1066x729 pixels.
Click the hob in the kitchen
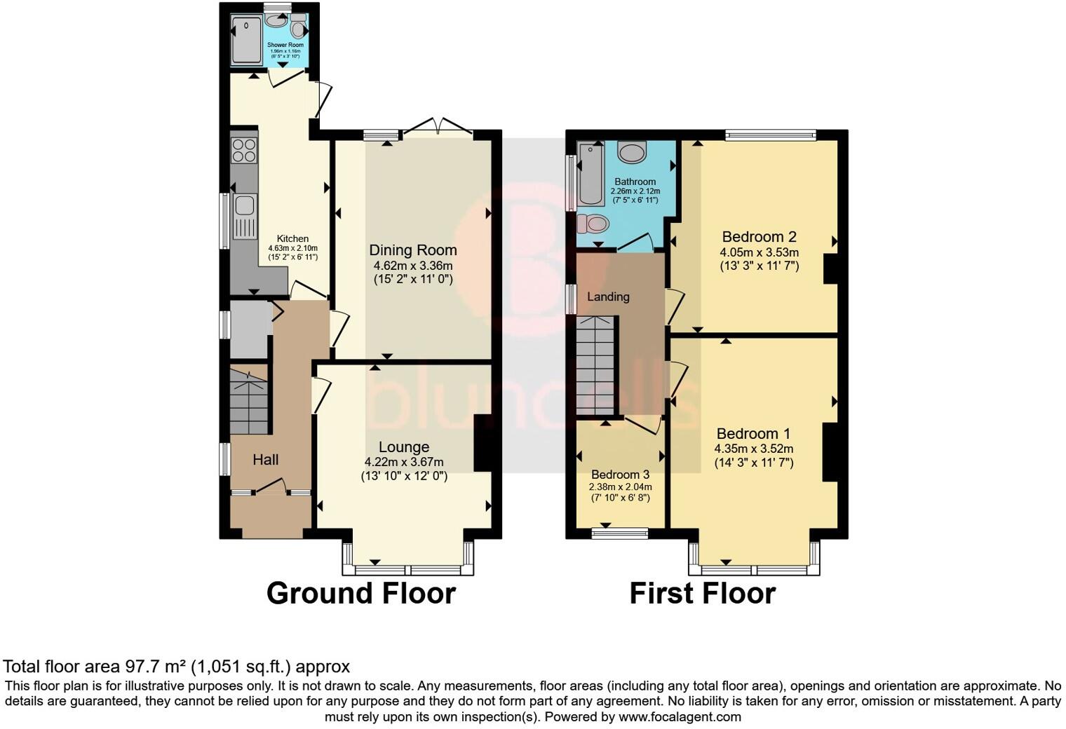click(244, 151)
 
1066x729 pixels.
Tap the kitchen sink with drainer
click(245, 216)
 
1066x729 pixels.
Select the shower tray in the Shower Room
click(247, 39)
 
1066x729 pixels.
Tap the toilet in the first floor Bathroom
click(593, 224)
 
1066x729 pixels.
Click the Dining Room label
click(413, 250)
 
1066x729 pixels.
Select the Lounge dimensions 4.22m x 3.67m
click(404, 462)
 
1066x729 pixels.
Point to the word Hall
click(266, 460)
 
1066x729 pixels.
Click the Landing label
click(608, 297)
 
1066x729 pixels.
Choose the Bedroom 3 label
click(620, 475)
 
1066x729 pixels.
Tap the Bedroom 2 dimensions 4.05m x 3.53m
click(759, 252)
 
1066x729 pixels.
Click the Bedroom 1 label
click(753, 433)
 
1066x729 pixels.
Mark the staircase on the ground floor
click(249, 403)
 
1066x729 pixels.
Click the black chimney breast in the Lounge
click(483, 443)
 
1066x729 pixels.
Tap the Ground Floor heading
click(360, 593)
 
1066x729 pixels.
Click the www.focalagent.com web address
click(680, 716)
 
